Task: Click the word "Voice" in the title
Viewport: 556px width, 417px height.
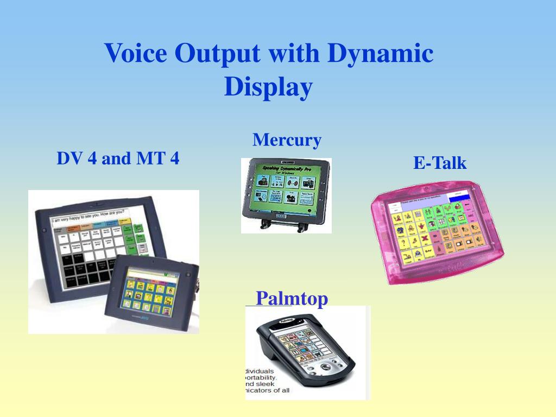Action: tap(136, 54)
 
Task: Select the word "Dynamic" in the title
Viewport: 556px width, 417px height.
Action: tap(380, 54)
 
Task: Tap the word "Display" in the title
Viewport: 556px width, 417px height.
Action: tap(269, 87)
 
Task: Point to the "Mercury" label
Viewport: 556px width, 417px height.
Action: tap(287, 140)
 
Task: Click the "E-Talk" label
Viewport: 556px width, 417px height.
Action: tap(440, 163)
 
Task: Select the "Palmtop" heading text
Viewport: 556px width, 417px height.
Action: tap(292, 299)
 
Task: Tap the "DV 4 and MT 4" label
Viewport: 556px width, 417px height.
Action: tap(118, 159)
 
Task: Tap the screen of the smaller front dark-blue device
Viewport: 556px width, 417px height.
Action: tap(153, 295)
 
